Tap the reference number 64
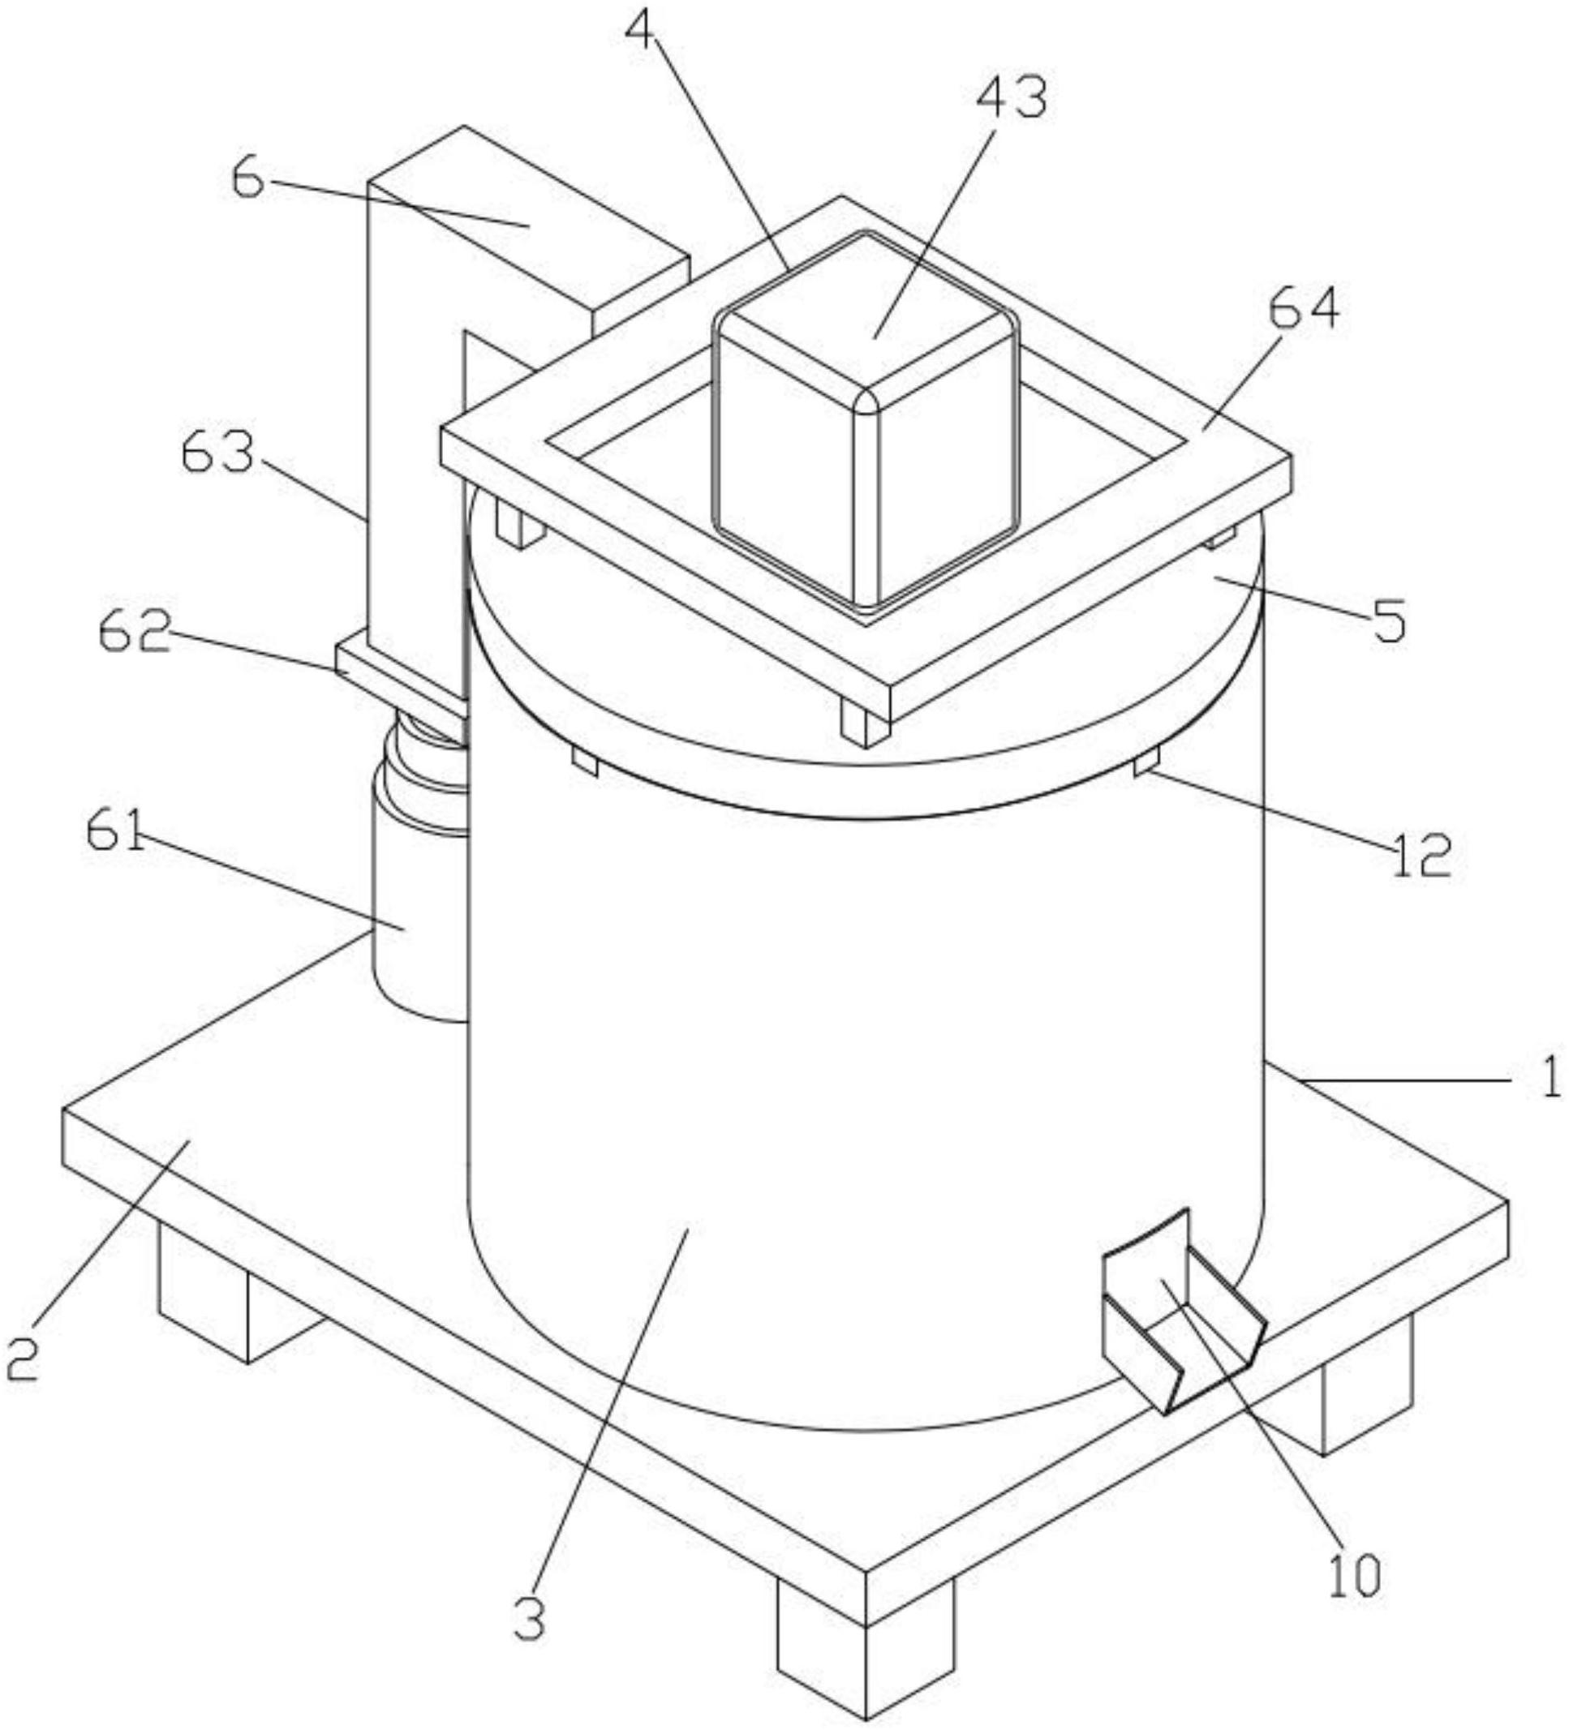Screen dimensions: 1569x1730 pyautogui.click(x=1303, y=310)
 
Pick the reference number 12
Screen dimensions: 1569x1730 pyautogui.click(x=1421, y=855)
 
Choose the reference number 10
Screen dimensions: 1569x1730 pyautogui.click(x=1356, y=1573)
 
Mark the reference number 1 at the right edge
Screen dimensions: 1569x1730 pyautogui.click(x=1551, y=1080)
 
